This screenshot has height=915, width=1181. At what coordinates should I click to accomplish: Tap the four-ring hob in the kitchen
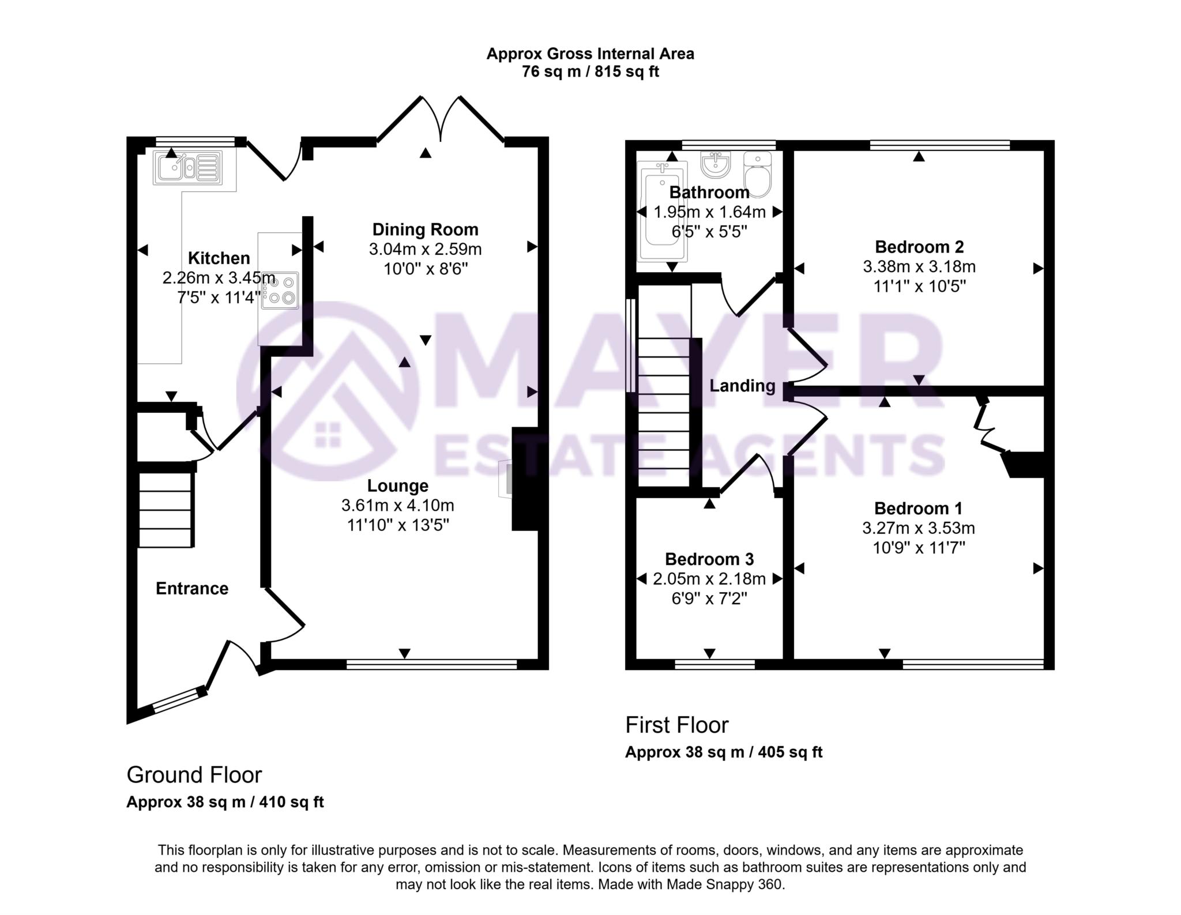coord(280,290)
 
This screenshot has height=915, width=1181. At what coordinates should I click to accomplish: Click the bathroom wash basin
coord(716,164)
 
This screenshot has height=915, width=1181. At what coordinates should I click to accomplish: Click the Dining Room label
coord(425,229)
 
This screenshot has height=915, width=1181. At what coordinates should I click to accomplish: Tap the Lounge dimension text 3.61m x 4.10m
coord(397,506)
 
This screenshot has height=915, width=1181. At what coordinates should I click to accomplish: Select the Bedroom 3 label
coord(709,559)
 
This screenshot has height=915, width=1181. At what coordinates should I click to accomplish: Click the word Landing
coord(742,386)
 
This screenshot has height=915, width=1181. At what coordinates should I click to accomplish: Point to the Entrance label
coord(192,588)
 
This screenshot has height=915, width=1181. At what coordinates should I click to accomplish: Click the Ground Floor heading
coord(194,775)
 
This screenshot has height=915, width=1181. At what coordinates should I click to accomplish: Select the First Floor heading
coord(676,725)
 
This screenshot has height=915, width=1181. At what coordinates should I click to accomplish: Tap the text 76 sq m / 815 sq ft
coord(590,71)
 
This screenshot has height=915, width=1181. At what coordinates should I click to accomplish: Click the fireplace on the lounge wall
coord(506,478)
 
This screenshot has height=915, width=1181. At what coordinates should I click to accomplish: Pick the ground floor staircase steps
coord(165,510)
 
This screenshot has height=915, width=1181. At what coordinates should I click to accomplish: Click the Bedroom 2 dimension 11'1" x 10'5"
coord(919,286)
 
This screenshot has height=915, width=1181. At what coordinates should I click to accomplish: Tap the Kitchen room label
coord(219,258)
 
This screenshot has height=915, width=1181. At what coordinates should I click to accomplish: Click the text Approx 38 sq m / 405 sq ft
coord(723,752)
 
